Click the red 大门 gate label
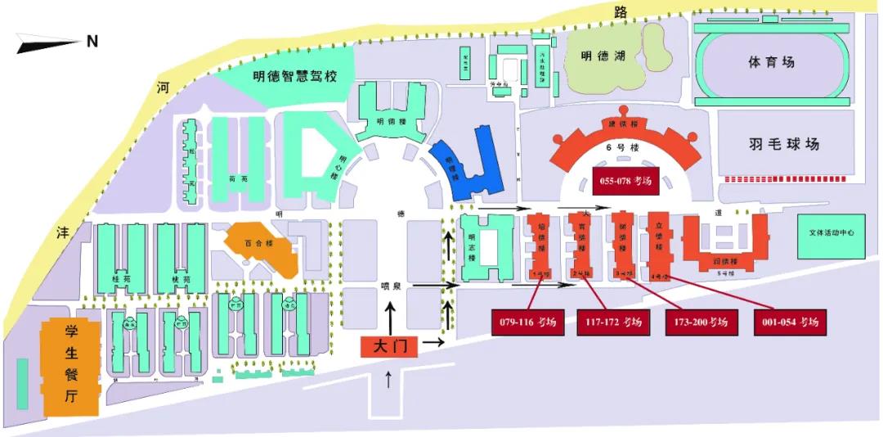click(389, 346)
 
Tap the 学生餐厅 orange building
click(71, 365)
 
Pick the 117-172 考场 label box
click(614, 322)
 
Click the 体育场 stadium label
click(771, 62)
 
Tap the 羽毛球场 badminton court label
click(783, 144)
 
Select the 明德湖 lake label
click(603, 56)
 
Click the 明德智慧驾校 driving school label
click(295, 77)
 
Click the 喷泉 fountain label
click(392, 286)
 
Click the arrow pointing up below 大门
click(388, 379)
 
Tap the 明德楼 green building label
click(391, 122)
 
